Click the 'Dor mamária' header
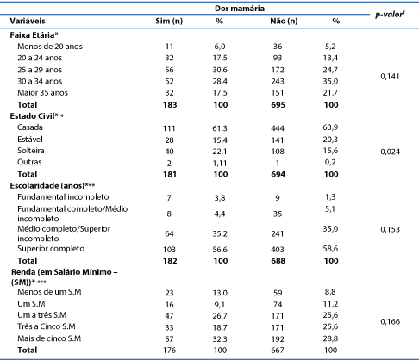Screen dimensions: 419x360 [x=240, y=9]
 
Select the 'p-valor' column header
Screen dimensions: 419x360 [x=390, y=15]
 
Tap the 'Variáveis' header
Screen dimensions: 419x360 [x=28, y=21]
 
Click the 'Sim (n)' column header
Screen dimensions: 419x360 [x=169, y=21]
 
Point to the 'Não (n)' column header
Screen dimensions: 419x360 [x=284, y=21]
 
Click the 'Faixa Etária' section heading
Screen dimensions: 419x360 [x=34, y=35]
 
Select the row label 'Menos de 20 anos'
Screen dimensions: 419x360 [x=50, y=47]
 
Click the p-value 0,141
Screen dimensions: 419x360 [x=390, y=77]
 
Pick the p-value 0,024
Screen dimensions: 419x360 [x=390, y=152]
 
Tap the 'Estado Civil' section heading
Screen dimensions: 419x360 [x=36, y=116]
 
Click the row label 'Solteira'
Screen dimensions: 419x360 [x=31, y=151]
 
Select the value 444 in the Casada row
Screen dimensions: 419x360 [x=278, y=128]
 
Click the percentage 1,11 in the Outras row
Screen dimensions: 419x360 [x=220, y=163]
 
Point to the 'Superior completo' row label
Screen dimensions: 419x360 [x=51, y=249]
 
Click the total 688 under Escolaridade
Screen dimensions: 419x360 [x=278, y=261]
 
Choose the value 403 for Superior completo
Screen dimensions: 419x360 [x=278, y=250]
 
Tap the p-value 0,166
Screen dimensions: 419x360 [x=390, y=321]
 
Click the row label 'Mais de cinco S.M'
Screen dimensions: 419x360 [x=49, y=338]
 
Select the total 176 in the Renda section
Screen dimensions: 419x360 [x=170, y=351]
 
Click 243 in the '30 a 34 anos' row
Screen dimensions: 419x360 [x=278, y=81]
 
